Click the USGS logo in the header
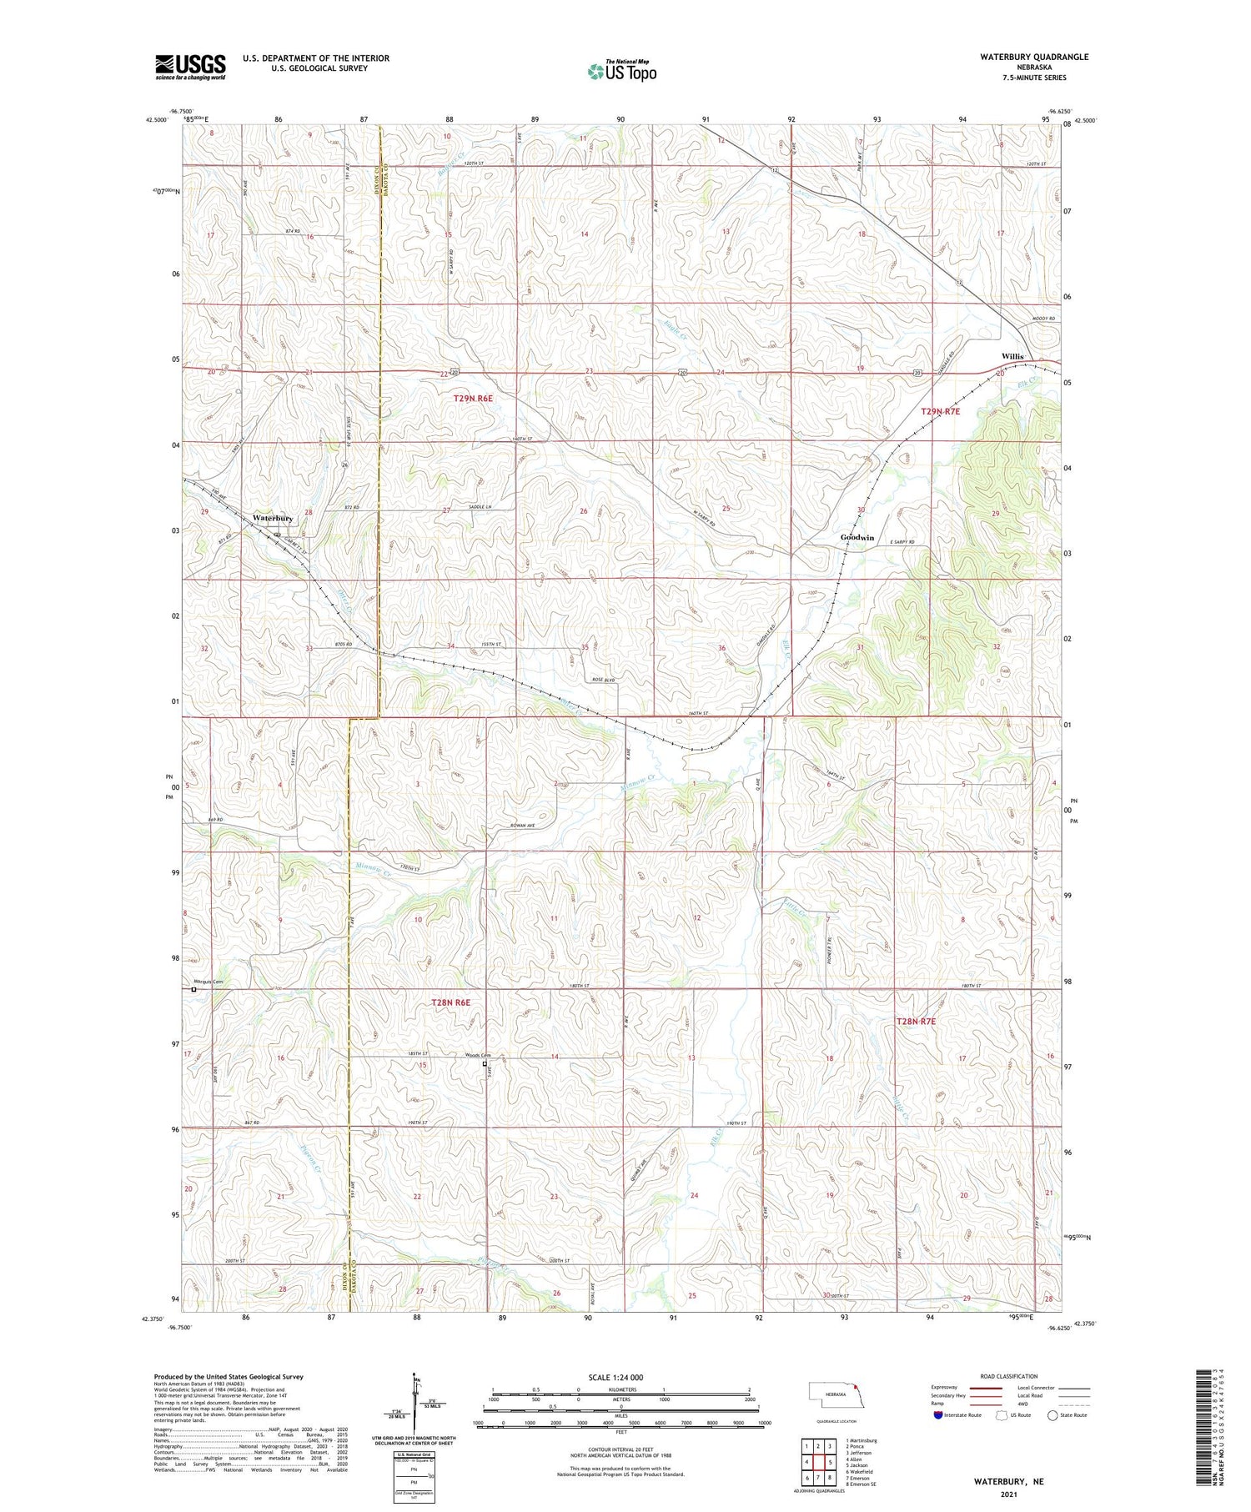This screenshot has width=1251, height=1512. click(190, 67)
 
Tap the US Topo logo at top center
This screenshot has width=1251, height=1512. click(621, 72)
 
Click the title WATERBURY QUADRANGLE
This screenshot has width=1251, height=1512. click(1022, 57)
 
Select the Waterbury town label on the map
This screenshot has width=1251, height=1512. click(273, 518)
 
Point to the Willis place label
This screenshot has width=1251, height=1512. click(1012, 356)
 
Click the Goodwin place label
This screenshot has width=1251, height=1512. click(857, 537)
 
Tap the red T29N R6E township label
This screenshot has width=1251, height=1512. click(473, 399)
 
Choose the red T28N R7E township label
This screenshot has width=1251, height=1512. click(916, 1022)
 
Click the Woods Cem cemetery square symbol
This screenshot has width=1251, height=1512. click(485, 1064)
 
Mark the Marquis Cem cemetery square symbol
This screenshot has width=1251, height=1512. click(193, 990)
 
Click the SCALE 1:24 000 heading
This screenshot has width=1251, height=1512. click(615, 1377)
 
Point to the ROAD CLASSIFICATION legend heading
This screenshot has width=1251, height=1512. click(1009, 1376)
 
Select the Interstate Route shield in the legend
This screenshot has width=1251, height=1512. click(938, 1415)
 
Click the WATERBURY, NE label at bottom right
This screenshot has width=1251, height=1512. click(1008, 1482)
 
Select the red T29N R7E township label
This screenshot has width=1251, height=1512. click(940, 411)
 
